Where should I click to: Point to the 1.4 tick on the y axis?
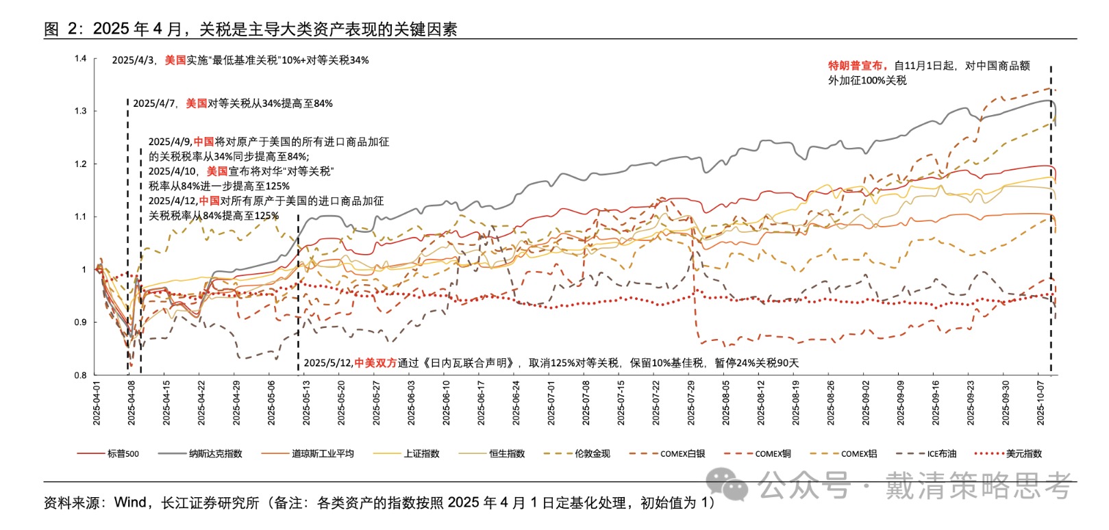tap(81, 58)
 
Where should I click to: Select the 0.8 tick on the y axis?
tap(81, 375)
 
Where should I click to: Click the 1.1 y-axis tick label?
tap(81, 216)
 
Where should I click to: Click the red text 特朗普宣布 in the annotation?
tap(856, 66)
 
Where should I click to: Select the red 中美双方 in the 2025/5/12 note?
tap(375, 363)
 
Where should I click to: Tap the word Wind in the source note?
tap(130, 503)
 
